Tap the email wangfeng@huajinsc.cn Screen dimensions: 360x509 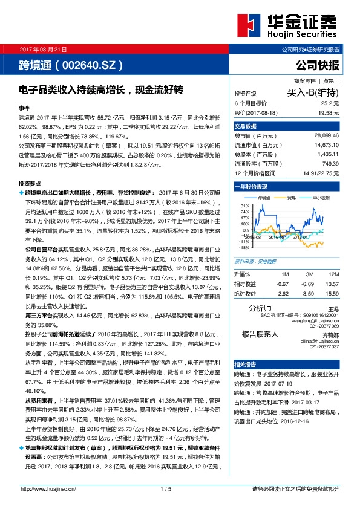(313, 320)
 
